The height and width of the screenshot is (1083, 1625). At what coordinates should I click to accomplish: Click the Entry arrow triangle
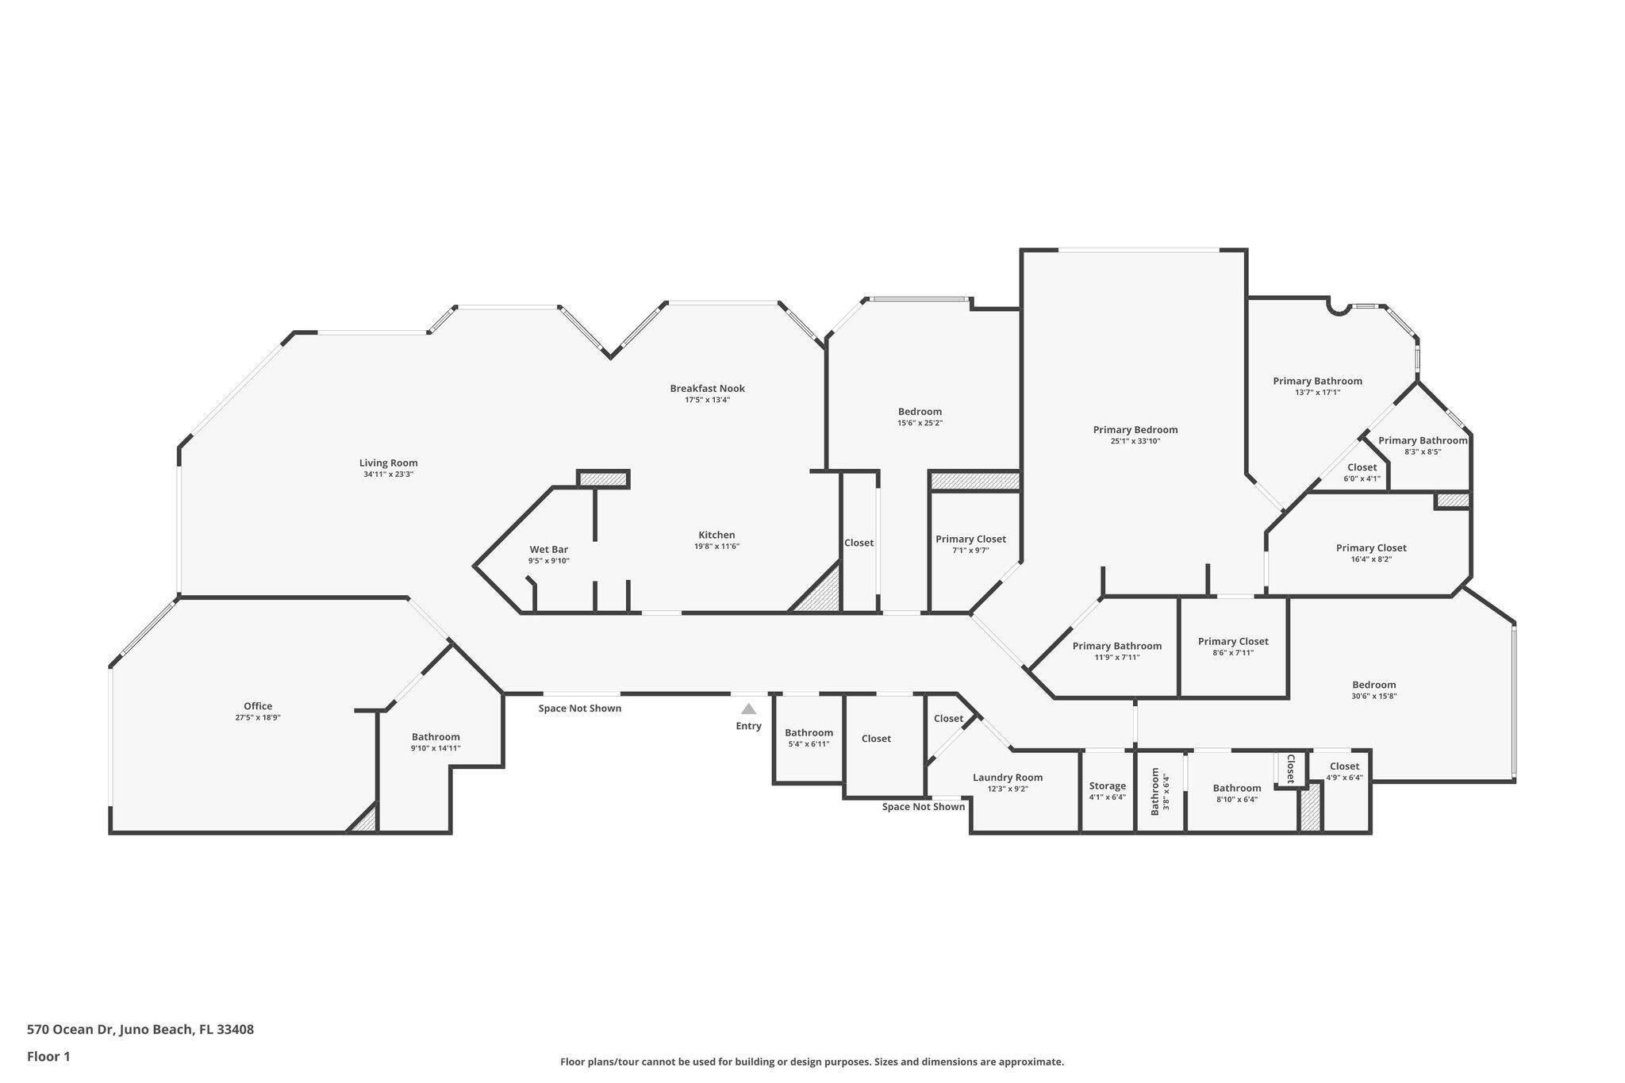pos(748,709)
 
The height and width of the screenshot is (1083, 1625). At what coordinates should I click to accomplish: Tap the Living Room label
pos(388,463)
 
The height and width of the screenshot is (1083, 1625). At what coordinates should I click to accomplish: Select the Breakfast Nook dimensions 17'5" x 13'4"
pos(707,400)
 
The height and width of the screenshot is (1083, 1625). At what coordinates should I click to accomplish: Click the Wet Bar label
pos(548,550)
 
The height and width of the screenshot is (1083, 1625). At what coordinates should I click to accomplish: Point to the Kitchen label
pos(716,536)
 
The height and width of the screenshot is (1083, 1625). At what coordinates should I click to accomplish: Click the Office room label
pos(258,706)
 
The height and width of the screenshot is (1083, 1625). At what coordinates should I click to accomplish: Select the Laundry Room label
pos(1008,778)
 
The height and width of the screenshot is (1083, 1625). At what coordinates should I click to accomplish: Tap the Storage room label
pos(1107,786)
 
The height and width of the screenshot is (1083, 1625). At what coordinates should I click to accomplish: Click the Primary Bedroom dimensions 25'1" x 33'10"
pos(1135,441)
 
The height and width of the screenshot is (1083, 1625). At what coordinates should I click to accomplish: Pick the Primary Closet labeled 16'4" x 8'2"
pos(1370,548)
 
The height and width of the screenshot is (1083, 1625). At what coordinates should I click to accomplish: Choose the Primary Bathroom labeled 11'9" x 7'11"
pos(1116,647)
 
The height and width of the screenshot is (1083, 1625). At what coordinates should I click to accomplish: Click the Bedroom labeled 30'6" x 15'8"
pos(1373,686)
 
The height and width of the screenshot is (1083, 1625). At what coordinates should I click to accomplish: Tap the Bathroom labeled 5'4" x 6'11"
pos(809,733)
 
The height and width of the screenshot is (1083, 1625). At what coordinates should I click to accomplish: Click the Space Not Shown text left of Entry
pos(579,709)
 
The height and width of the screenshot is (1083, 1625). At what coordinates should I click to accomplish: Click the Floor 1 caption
pos(48,1057)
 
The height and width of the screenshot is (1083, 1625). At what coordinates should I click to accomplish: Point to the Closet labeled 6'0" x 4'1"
pos(1362,468)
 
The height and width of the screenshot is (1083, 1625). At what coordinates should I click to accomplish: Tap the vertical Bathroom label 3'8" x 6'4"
pos(1155,791)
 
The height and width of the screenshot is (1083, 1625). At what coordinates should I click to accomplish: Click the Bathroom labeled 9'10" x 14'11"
pos(435,737)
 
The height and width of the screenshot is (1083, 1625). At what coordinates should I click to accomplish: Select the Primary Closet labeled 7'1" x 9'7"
pos(970,540)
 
